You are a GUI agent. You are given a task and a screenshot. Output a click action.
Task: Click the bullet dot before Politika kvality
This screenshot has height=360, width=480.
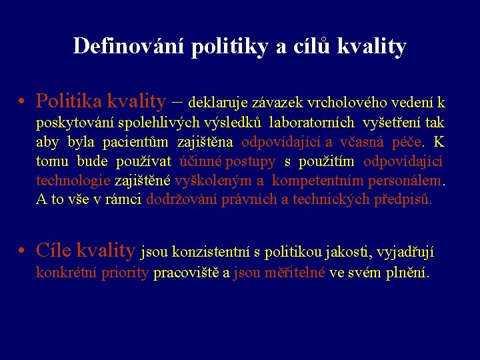[x=22, y=102]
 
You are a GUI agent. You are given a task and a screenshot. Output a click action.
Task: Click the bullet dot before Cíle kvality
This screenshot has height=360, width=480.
[x=22, y=251]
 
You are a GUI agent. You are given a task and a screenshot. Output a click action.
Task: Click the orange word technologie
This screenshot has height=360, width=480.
[x=73, y=181]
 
